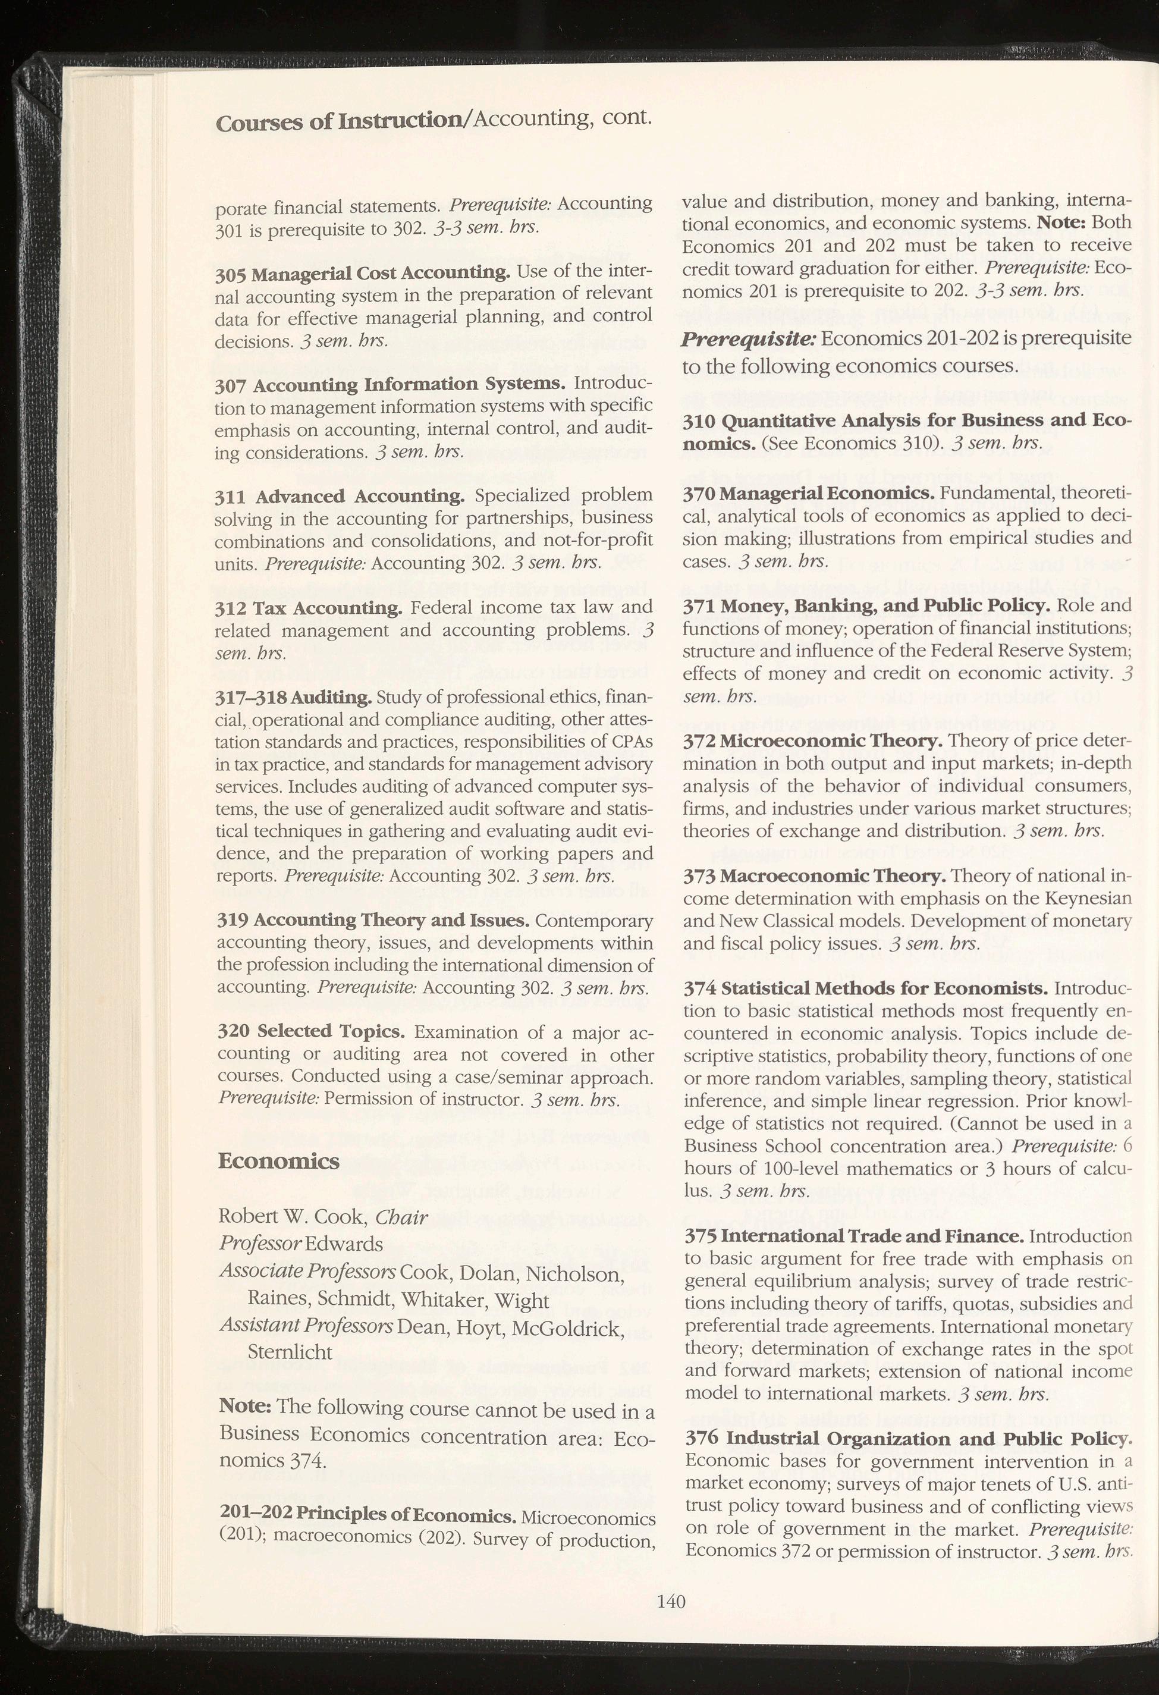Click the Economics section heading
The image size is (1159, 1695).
click(279, 1160)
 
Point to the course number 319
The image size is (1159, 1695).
click(232, 921)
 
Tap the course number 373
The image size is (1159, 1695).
click(699, 875)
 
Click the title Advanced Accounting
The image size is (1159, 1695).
click(360, 497)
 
